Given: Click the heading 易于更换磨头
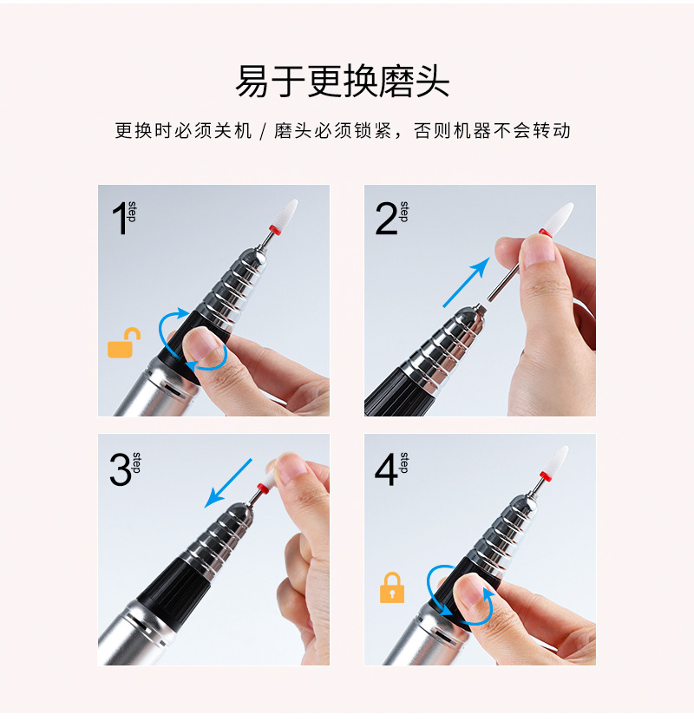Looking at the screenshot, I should click(343, 82).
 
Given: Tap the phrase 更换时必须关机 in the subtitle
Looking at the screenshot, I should click(183, 131).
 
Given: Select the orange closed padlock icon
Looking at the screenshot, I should click(392, 587).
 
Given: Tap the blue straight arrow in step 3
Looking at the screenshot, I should click(228, 483).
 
